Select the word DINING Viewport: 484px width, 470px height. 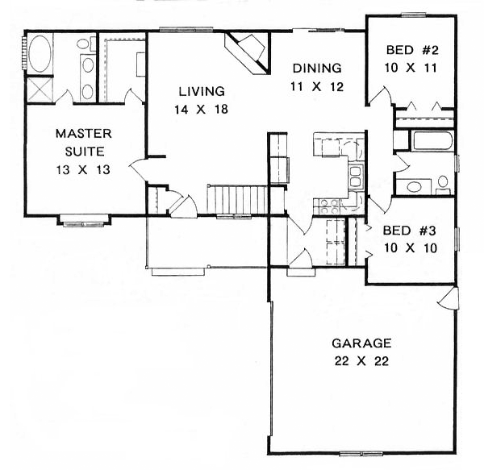(x=317, y=68)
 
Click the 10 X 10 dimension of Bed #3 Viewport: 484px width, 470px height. (x=411, y=247)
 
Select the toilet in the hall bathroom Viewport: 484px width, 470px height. (x=442, y=185)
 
